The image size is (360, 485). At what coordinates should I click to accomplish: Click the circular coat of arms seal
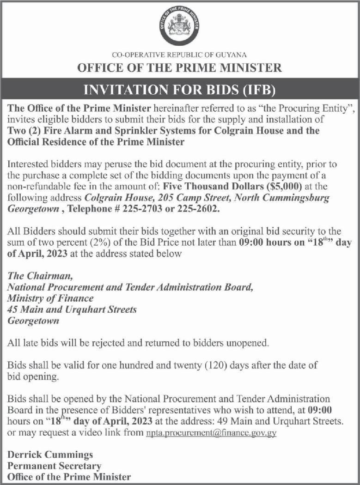click(179, 26)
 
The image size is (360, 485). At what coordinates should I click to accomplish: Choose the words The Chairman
click(40, 277)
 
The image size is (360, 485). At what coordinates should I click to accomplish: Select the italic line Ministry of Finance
click(51, 298)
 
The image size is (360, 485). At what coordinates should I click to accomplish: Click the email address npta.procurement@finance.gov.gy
click(211, 434)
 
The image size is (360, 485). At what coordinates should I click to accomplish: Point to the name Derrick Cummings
click(50, 455)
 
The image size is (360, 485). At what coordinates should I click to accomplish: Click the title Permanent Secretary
click(54, 466)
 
